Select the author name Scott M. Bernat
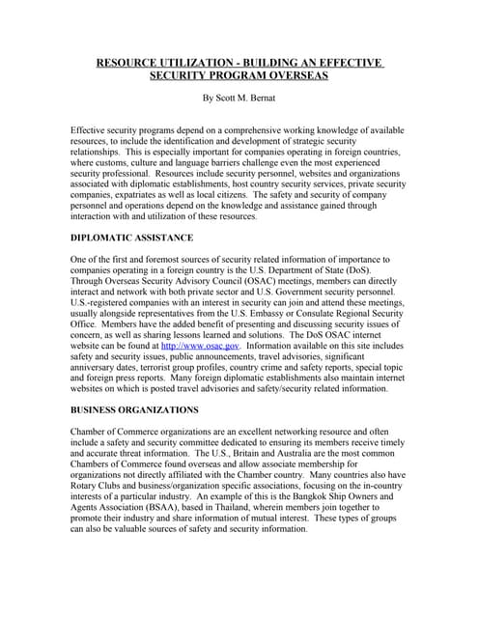tap(249, 98)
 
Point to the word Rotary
tap(89, 483)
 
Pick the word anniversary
tap(100, 368)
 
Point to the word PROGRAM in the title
tap(229, 75)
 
